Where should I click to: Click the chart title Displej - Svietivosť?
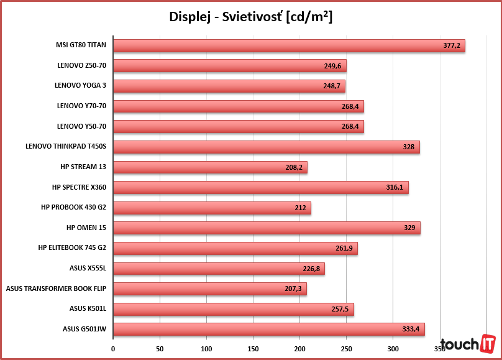(250, 17)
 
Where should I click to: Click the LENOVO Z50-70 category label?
(81, 66)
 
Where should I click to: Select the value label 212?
(301, 208)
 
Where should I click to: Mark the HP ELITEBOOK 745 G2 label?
(72, 248)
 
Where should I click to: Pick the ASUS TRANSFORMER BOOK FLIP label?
(56, 288)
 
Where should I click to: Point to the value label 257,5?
(342, 309)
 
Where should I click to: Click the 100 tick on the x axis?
(206, 349)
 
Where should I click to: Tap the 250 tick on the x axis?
(347, 349)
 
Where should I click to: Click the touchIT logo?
(467, 344)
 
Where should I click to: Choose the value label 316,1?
(395, 187)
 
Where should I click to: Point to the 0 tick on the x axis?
(113, 349)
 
